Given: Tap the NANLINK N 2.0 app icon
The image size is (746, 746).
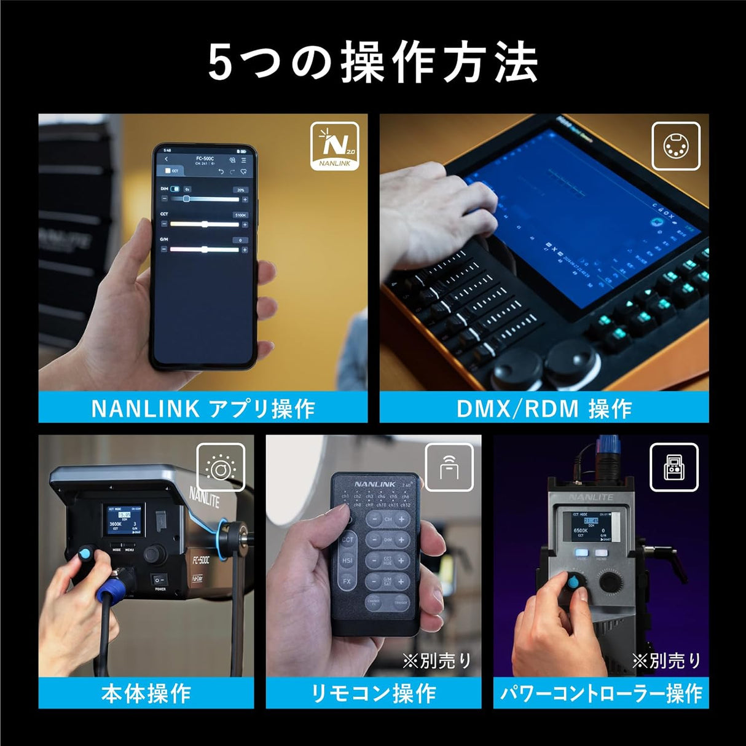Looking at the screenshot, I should pyautogui.click(x=335, y=146).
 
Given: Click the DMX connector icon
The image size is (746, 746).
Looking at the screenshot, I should pyautogui.click(x=675, y=146).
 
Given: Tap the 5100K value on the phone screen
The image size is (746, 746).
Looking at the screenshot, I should pyautogui.click(x=240, y=215).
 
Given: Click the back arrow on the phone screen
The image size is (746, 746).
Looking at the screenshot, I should pyautogui.click(x=167, y=160).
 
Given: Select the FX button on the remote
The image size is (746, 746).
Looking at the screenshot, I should pyautogui.click(x=347, y=581).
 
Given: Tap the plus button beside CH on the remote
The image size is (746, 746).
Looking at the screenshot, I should pyautogui.click(x=401, y=519).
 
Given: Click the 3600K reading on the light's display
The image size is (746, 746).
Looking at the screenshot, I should pyautogui.click(x=116, y=525).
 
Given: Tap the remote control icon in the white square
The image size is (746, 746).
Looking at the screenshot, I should pyautogui.click(x=449, y=468).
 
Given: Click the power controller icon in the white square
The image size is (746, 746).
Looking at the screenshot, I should pyautogui.click(x=674, y=468).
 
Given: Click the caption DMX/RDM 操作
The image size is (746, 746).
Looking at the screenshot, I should pyautogui.click(x=544, y=409).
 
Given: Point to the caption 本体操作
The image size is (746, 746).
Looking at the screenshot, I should pyautogui.click(x=146, y=694).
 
